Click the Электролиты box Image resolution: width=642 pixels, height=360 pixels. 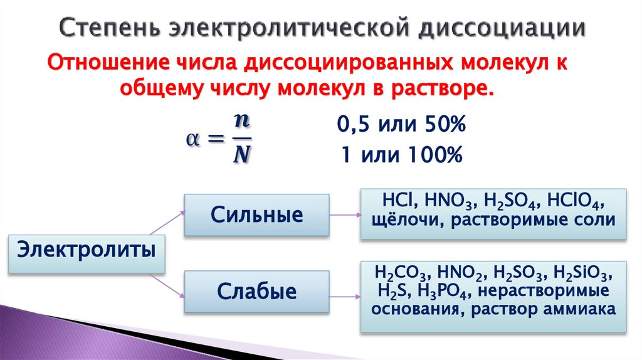pyautogui.click(x=87, y=253)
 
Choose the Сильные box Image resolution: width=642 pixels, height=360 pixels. pyautogui.click(x=257, y=215)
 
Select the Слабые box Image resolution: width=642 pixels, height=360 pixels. pyautogui.click(x=257, y=292)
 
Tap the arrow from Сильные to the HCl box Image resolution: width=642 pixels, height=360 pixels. pyautogui.click(x=344, y=215)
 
